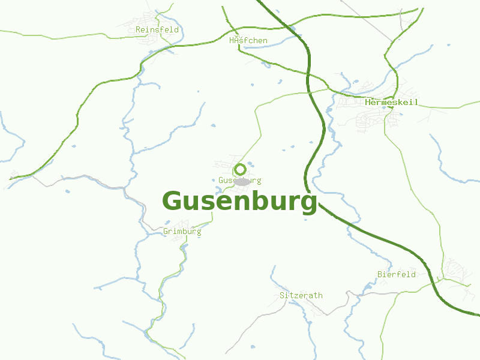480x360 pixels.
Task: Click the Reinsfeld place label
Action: (x=157, y=29)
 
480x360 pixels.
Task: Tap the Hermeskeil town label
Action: (x=391, y=103)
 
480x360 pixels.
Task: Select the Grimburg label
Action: (x=182, y=231)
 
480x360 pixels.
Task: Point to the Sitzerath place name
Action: (x=301, y=296)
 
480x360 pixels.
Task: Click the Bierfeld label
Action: (x=397, y=274)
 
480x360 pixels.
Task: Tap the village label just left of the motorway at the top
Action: (x=248, y=41)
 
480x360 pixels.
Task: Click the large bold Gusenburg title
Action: (x=239, y=202)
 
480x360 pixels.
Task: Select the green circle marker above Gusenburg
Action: (x=240, y=169)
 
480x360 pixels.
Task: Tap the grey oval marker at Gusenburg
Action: (x=242, y=181)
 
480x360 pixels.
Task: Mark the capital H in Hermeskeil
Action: (x=367, y=103)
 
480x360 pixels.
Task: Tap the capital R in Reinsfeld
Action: (x=138, y=29)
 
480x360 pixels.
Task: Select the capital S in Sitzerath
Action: (x=282, y=296)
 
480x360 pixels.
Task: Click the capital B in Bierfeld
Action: (x=380, y=274)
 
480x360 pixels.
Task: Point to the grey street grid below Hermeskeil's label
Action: (x=369, y=123)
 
